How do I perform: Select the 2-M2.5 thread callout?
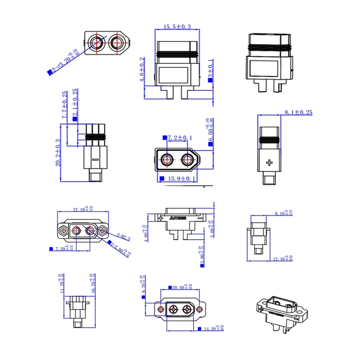(x=123, y=237)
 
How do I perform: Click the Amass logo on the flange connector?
(x=179, y=218)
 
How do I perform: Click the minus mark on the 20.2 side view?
(x=95, y=159)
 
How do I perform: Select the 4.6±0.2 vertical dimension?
(x=142, y=70)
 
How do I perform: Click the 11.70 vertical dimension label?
(x=61, y=283)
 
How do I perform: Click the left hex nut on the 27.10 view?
(x=62, y=231)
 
